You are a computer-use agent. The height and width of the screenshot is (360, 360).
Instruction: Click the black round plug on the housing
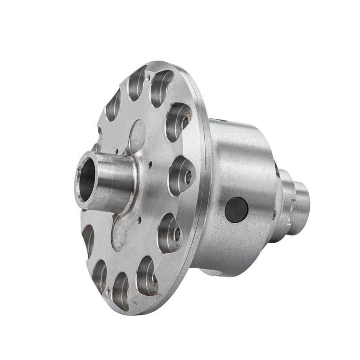pyautogui.click(x=236, y=209)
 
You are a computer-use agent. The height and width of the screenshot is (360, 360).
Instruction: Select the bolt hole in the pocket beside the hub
pyautogui.click(x=188, y=176)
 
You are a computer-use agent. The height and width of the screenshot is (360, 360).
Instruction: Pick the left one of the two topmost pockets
pyautogui.click(x=137, y=83)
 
